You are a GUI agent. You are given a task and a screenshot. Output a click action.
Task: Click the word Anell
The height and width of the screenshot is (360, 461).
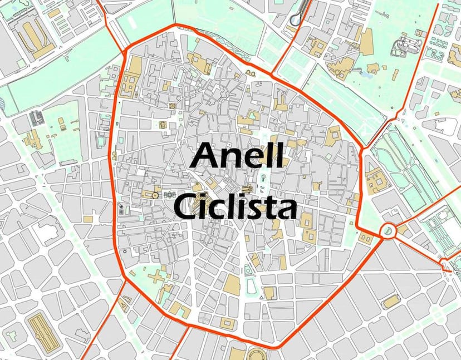click(238, 156)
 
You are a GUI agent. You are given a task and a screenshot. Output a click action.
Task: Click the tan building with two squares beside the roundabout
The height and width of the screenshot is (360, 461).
click(365, 238)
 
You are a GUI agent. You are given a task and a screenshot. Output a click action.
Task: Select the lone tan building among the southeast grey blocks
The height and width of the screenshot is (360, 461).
click(391, 301)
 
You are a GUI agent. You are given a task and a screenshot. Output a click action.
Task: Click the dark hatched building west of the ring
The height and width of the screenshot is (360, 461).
click(37, 117)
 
